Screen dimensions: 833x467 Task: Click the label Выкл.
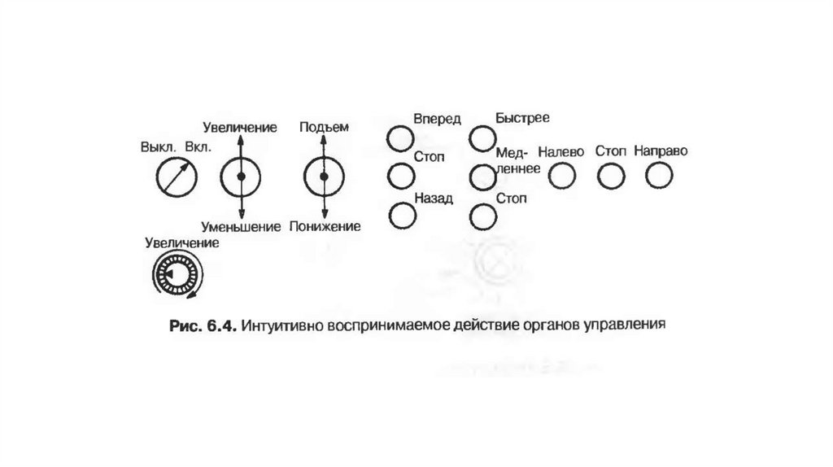pyautogui.click(x=158, y=148)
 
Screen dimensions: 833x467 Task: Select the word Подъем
pyautogui.click(x=324, y=127)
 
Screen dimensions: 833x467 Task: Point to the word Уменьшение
pyautogui.click(x=242, y=225)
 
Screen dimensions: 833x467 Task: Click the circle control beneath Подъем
pyautogui.click(x=324, y=176)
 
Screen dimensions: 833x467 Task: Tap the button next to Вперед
pyautogui.click(x=400, y=138)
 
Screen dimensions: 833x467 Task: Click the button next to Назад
pyautogui.click(x=401, y=215)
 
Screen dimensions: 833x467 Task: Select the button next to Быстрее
pyautogui.click(x=482, y=138)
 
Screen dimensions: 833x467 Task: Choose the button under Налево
pyautogui.click(x=562, y=175)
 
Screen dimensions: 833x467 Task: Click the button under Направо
pyautogui.click(x=660, y=175)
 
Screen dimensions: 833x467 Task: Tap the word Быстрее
pyautogui.click(x=522, y=119)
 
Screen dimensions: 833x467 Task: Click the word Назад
pyautogui.click(x=433, y=198)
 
